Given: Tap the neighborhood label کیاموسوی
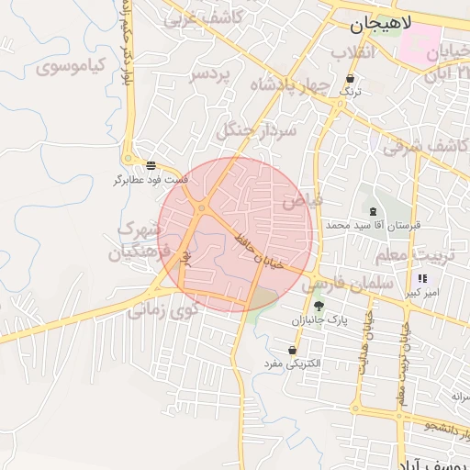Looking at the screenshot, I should coord(72,66).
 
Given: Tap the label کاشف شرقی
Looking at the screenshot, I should coord(426,144).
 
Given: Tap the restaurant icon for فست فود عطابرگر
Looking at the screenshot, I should coord(151,166).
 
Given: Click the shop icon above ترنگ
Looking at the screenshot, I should coord(352,79).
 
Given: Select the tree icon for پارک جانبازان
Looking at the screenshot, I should coord(319,307).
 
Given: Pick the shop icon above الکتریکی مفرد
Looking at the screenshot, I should coord(292,350).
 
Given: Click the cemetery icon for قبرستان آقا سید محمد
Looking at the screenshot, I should coord(372,212).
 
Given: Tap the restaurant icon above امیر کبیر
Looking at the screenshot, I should coord(422,278).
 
